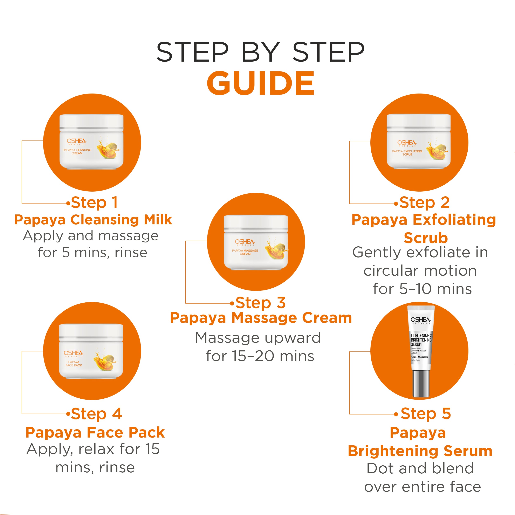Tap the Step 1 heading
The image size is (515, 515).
point(94,202)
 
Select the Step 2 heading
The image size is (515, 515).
point(424,202)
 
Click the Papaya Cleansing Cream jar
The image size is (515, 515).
point(91,142)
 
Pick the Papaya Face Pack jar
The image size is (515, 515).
point(91,351)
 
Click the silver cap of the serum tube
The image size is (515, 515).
point(421,383)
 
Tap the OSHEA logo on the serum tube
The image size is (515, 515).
point(420,320)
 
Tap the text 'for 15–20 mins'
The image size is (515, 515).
point(260,356)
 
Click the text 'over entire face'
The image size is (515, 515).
point(423,487)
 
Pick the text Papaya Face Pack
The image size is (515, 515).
point(95,432)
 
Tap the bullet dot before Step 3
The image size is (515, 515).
point(232,303)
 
